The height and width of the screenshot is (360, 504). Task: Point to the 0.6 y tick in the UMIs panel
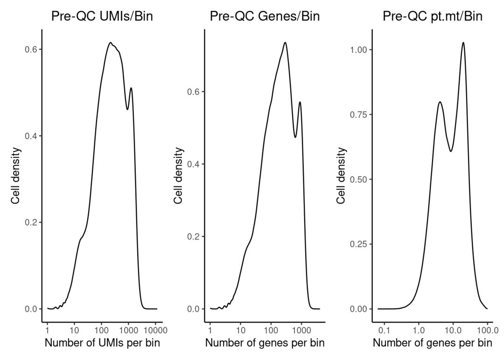(30, 49)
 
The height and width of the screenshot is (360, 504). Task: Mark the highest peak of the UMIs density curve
(111, 42)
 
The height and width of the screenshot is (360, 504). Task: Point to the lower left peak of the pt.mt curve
(440, 102)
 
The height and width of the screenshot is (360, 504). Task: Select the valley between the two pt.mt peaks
(451, 151)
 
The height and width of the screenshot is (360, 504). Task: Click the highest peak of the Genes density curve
(285, 42)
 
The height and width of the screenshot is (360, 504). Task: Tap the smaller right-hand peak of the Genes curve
(300, 102)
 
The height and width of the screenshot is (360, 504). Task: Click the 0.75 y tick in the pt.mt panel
(357, 114)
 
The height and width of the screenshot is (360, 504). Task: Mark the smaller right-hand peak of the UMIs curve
(131, 88)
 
